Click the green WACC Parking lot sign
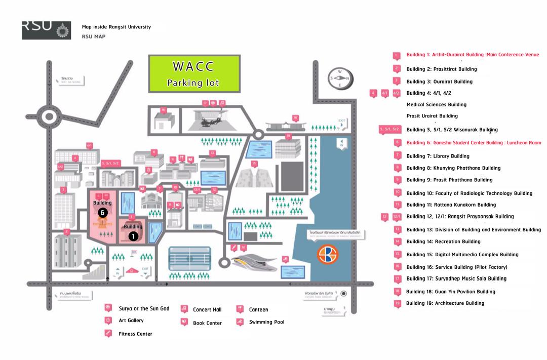click(x=193, y=74)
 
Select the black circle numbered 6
click(x=102, y=213)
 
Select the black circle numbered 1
click(x=133, y=236)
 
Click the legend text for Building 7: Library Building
click(x=438, y=156)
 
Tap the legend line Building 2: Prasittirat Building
click(x=441, y=69)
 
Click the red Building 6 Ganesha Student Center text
click(x=474, y=143)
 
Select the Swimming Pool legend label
click(x=266, y=322)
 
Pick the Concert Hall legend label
click(x=207, y=309)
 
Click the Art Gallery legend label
click(x=131, y=321)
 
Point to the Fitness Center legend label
click(x=135, y=334)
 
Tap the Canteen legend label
click(x=258, y=309)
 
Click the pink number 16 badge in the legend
click(x=397, y=266)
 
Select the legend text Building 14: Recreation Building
click(x=443, y=242)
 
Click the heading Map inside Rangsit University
click(x=116, y=27)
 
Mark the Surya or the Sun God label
click(x=144, y=308)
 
